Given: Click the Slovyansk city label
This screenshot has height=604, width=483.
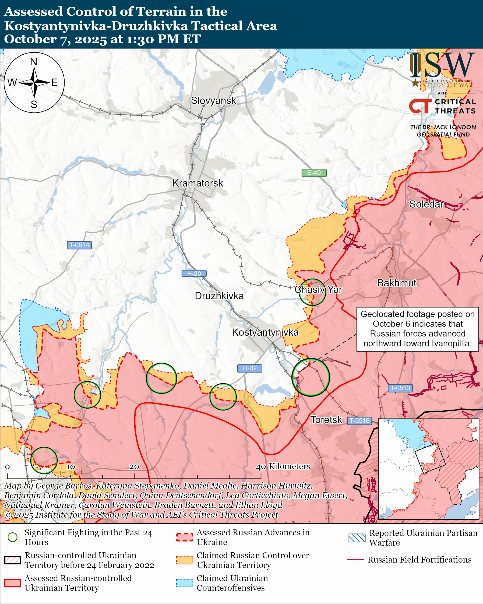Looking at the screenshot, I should pos(213,101).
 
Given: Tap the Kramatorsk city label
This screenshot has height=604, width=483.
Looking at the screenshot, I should pos(198,183).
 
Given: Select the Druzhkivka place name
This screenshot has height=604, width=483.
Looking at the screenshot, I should pos(219,296).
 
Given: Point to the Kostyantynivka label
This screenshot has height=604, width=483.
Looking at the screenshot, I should pos(265,332).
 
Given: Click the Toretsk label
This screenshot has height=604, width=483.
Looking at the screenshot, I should pos(326,420).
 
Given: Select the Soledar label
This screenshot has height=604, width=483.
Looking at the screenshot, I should pos(426,204).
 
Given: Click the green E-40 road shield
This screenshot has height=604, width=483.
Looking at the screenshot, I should pos(313,173).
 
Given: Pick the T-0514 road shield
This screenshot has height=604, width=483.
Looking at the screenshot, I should pos(79,245).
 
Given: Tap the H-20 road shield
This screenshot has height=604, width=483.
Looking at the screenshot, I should pos(194,273).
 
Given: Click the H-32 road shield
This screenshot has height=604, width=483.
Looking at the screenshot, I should pos(249,368).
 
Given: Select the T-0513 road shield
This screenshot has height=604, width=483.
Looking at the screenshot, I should pos(400,388).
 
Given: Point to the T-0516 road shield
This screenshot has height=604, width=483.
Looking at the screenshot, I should pos(359,420).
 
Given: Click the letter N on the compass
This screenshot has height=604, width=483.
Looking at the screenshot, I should pos(34,62).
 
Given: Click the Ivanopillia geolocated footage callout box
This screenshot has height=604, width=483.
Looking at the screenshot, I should pos(417,329).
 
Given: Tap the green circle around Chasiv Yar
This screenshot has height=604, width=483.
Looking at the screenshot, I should pos(312,292).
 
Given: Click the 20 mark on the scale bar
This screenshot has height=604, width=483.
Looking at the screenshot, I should pos(134,467).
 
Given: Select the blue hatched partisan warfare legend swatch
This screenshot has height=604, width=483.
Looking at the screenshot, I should pos(357,538).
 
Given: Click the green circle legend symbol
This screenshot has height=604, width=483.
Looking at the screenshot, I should pos(13,537).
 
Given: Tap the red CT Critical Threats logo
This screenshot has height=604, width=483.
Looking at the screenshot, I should pos(420,106).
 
